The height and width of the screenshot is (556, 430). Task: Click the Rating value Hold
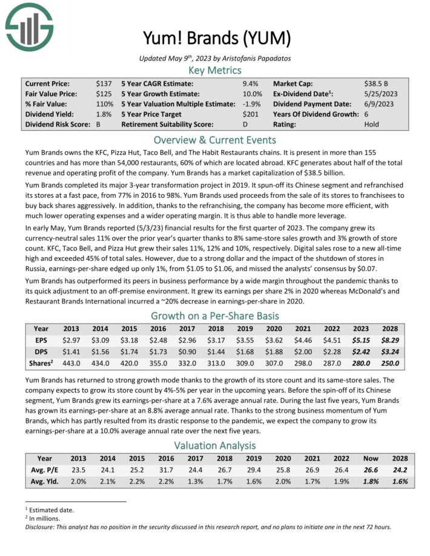pyautogui.click(x=371, y=125)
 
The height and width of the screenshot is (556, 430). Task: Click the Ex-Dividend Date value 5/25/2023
pyautogui.click(x=382, y=94)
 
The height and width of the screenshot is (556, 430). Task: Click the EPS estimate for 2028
pyautogui.click(x=390, y=340)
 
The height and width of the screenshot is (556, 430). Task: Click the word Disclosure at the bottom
pyautogui.click(x=43, y=526)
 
